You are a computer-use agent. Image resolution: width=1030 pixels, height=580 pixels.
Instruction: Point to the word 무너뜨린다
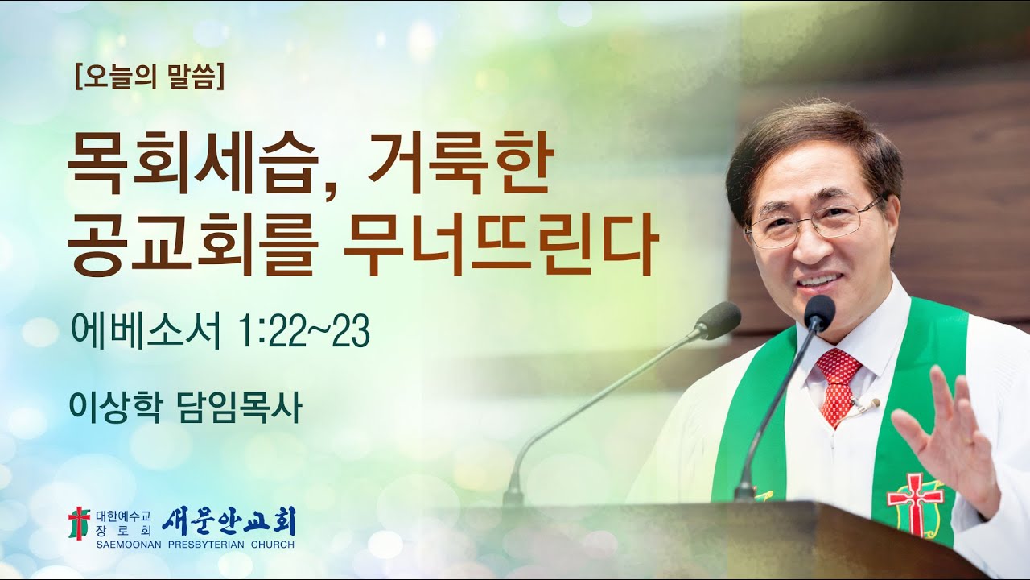tap(501, 241)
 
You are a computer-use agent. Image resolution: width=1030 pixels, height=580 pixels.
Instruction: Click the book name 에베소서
tap(145, 332)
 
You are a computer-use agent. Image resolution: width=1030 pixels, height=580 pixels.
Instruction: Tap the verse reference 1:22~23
tap(303, 332)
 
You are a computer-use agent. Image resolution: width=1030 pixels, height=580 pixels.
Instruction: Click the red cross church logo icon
tap(78, 524)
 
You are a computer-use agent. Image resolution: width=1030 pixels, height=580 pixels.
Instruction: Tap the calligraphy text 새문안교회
tap(229, 521)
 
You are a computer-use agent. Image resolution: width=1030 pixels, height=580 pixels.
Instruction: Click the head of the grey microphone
tap(718, 320)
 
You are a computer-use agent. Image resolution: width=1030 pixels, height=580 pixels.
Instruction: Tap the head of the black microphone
tap(819, 313)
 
